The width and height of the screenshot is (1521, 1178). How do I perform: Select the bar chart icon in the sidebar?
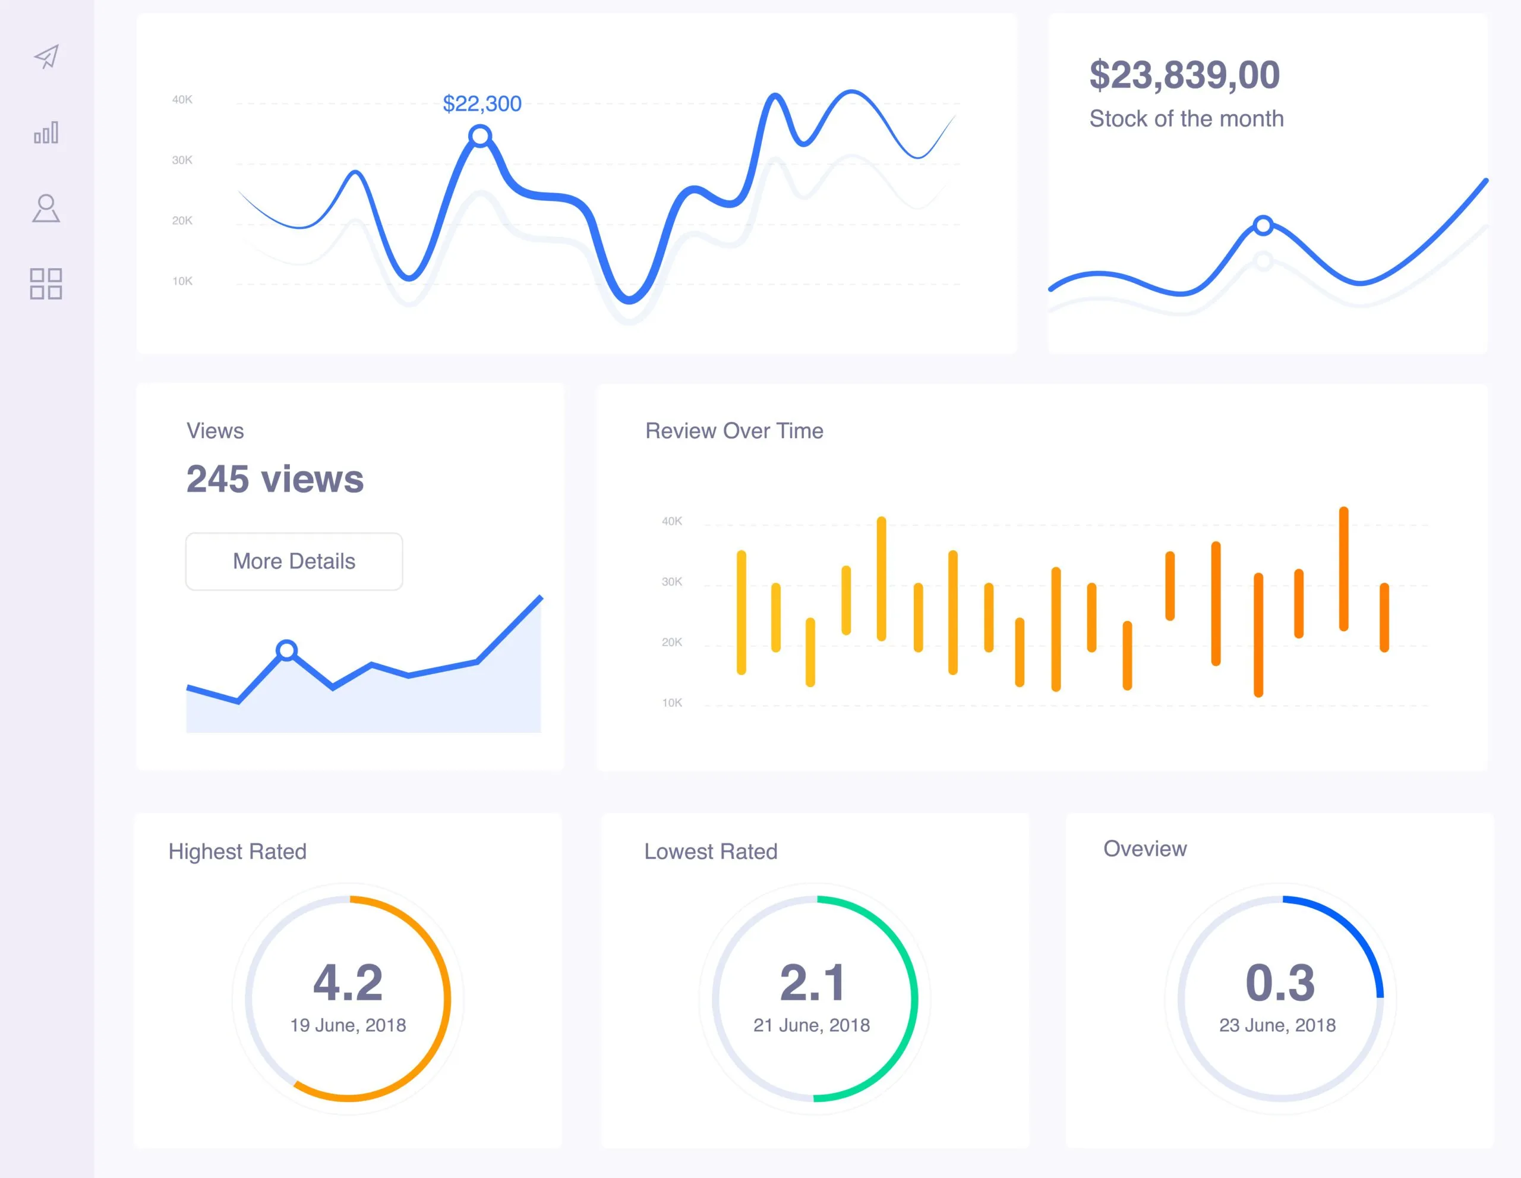tap(46, 133)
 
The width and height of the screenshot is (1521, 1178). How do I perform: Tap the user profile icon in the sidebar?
tap(46, 208)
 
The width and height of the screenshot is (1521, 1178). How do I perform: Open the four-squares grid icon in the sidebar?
tap(46, 284)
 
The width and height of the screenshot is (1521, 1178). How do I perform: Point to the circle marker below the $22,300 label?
tap(480, 136)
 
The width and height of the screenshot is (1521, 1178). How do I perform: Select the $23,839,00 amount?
tap(1185, 74)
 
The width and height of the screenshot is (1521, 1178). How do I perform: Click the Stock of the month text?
tap(1186, 118)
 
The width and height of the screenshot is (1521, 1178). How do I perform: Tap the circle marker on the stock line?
tap(1263, 226)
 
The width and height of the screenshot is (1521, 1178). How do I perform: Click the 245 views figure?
tap(274, 479)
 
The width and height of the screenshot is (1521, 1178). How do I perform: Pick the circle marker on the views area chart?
tap(286, 651)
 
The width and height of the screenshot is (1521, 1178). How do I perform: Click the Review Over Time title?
tap(734, 430)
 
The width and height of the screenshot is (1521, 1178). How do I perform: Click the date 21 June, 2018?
tap(812, 1025)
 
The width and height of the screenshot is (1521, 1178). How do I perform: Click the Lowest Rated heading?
tap(711, 851)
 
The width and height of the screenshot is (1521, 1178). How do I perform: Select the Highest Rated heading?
tap(237, 851)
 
